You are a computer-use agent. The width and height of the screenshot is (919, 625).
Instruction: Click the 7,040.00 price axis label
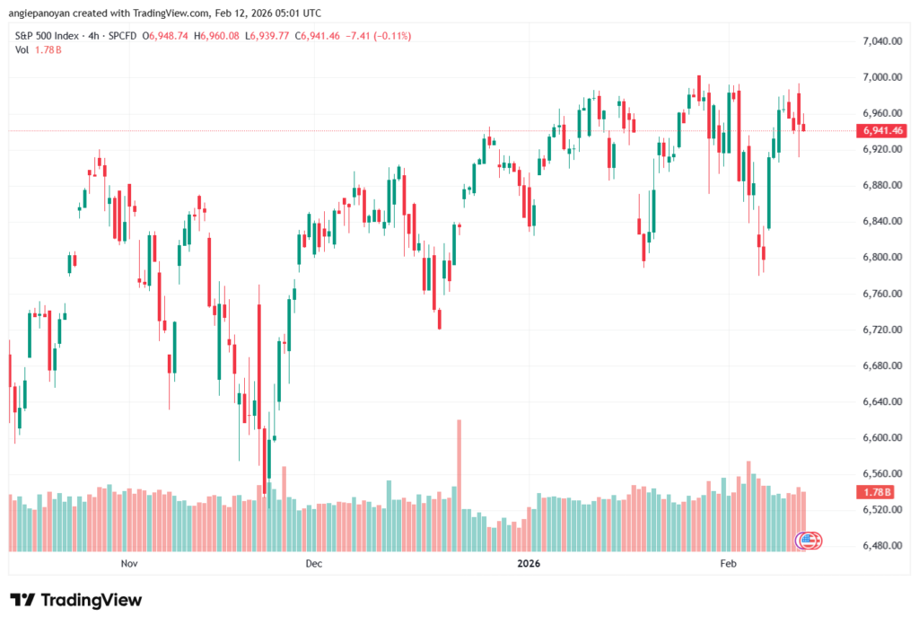[x=880, y=41]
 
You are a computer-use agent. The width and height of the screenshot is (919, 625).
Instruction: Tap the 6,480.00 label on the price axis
[x=880, y=546]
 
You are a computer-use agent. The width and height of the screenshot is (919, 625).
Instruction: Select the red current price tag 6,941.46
[x=882, y=130]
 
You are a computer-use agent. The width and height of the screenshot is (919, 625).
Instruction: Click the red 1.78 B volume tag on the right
[x=876, y=492]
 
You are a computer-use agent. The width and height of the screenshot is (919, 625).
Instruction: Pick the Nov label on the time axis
[x=128, y=564]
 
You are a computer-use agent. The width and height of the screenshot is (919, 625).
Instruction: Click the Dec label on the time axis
[x=313, y=564]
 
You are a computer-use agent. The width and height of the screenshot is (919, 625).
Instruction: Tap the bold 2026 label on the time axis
[x=529, y=564]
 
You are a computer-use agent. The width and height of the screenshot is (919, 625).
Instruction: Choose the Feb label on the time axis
[x=728, y=564]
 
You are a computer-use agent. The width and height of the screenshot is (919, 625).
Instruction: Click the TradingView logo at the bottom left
[x=75, y=600]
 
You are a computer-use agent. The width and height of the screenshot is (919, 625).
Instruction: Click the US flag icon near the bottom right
[x=809, y=540]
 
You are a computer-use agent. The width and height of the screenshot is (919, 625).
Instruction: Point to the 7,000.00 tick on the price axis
[x=880, y=77]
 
